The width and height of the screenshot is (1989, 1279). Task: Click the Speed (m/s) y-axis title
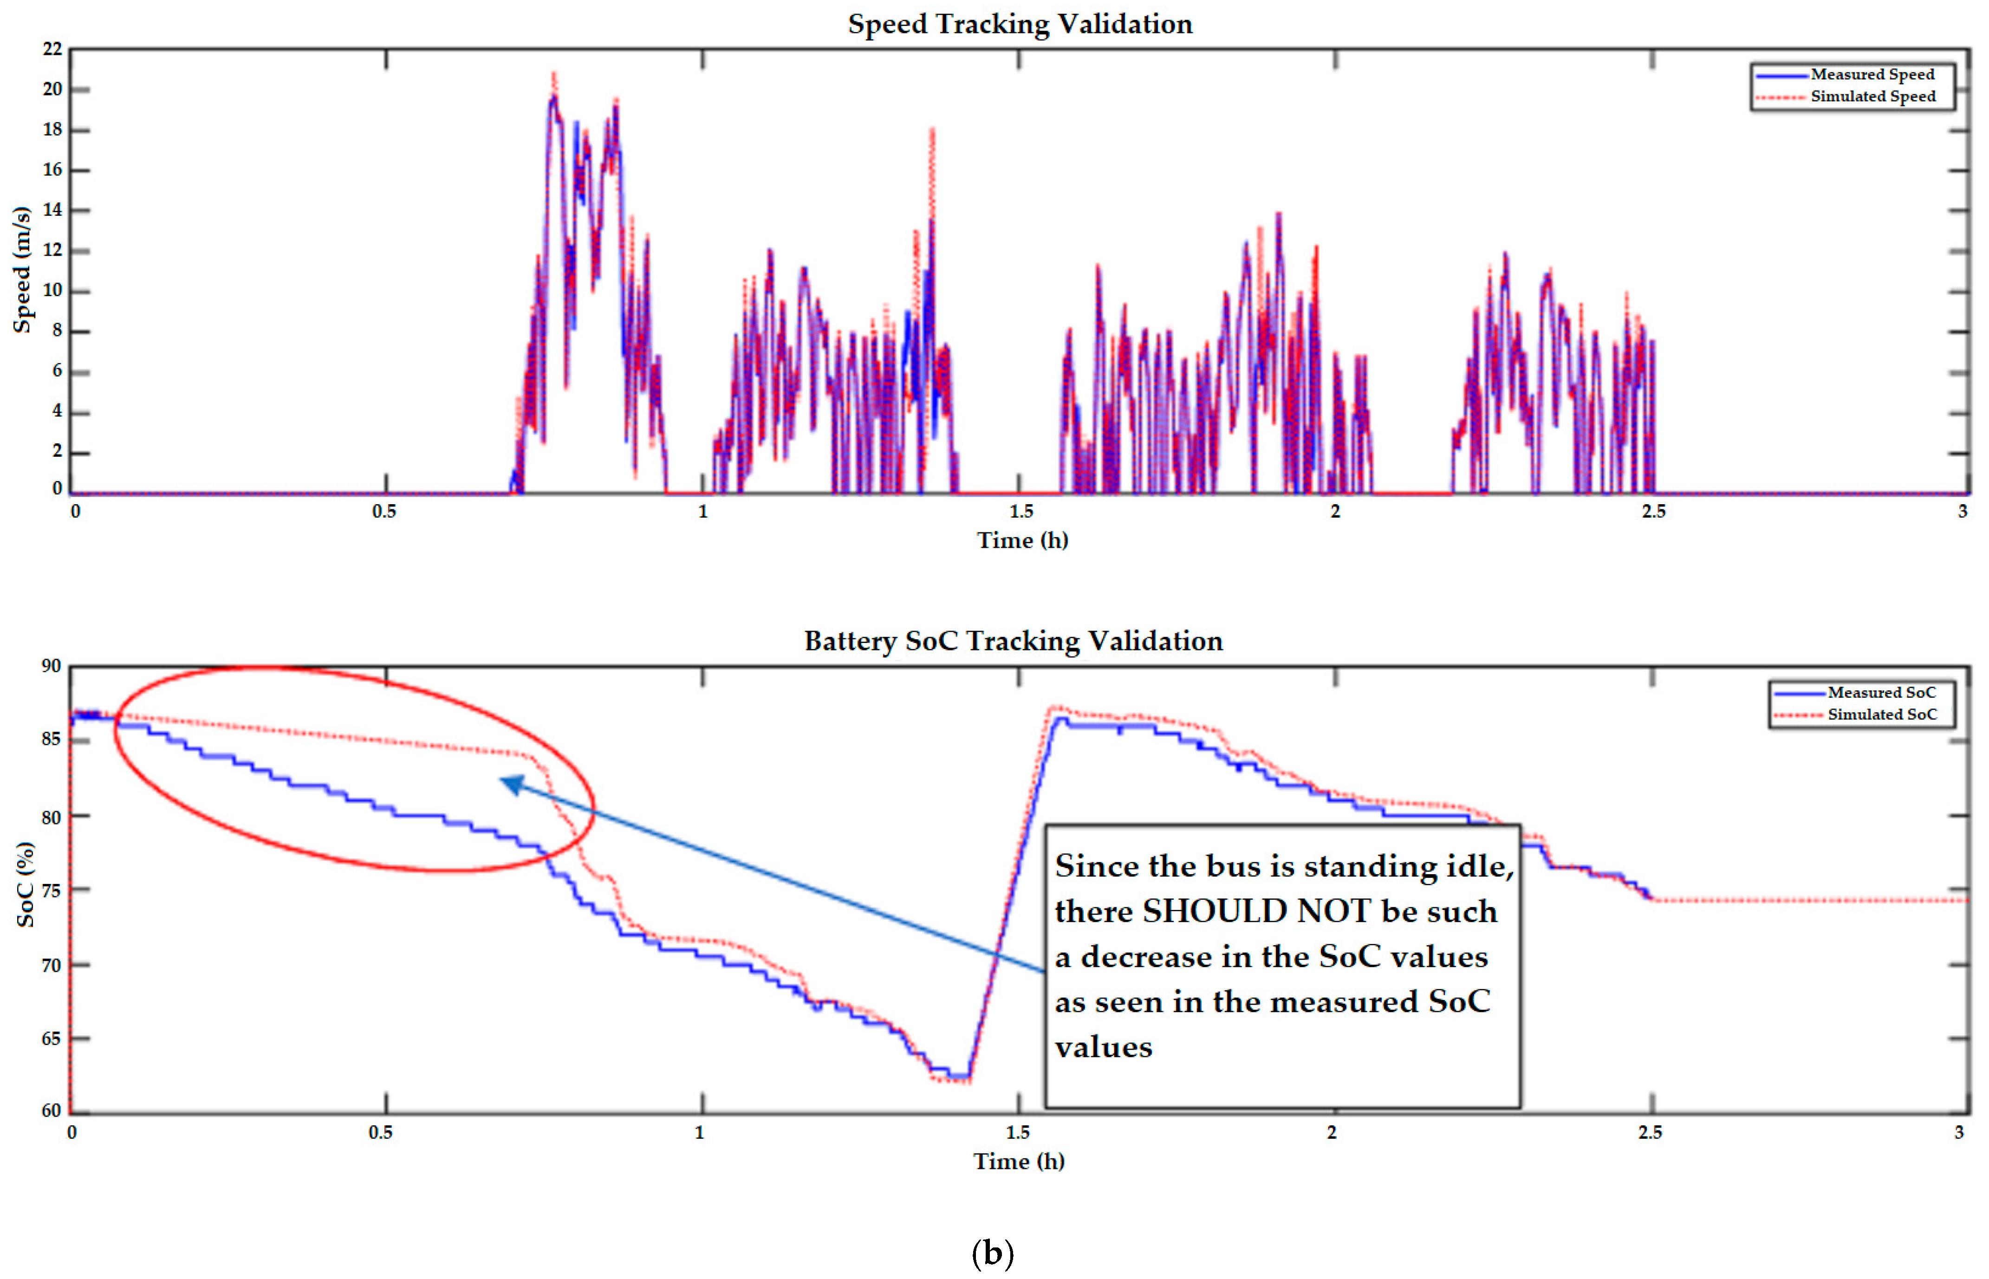pos(22,270)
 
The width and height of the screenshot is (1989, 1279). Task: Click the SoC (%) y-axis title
pos(26,884)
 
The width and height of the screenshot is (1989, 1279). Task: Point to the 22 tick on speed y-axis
pos(52,50)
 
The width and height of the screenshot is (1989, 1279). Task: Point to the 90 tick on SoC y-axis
pos(52,666)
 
